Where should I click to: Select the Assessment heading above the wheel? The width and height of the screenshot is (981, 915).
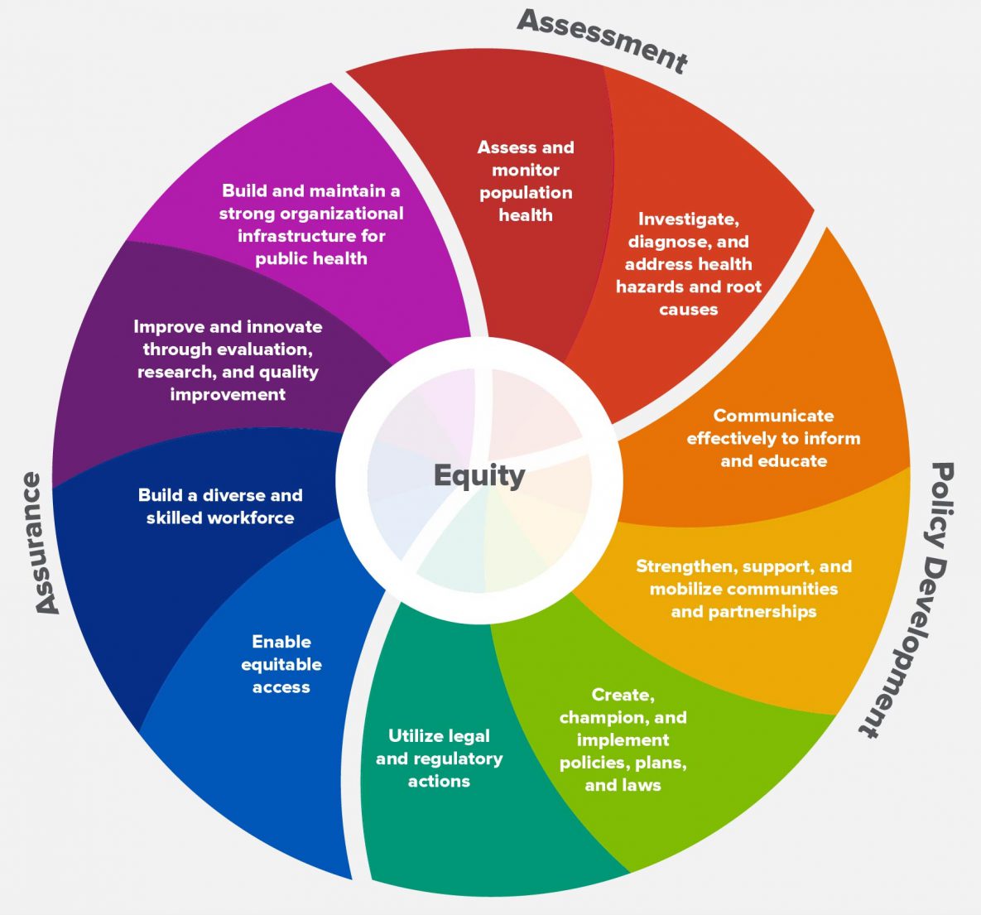(x=602, y=41)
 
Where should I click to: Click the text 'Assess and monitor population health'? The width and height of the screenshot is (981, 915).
(x=526, y=181)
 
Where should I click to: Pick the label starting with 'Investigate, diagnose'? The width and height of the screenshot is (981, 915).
(x=688, y=264)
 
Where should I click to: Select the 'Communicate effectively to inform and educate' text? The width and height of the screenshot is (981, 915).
(x=773, y=438)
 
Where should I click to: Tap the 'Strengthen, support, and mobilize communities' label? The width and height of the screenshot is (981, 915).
(x=743, y=589)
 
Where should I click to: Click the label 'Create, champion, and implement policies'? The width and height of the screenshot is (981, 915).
(x=623, y=739)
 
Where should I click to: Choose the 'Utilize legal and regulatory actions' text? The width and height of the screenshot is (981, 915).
(x=439, y=758)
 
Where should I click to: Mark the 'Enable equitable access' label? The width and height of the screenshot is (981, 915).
(x=281, y=664)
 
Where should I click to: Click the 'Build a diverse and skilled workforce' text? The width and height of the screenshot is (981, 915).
(x=220, y=506)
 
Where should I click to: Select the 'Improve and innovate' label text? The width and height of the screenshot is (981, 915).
(x=228, y=360)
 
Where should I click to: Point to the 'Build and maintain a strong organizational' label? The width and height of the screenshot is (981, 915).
(x=311, y=224)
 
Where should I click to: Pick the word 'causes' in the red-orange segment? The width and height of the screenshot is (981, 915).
(x=688, y=310)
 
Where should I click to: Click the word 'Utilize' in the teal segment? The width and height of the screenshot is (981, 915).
(x=416, y=735)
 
